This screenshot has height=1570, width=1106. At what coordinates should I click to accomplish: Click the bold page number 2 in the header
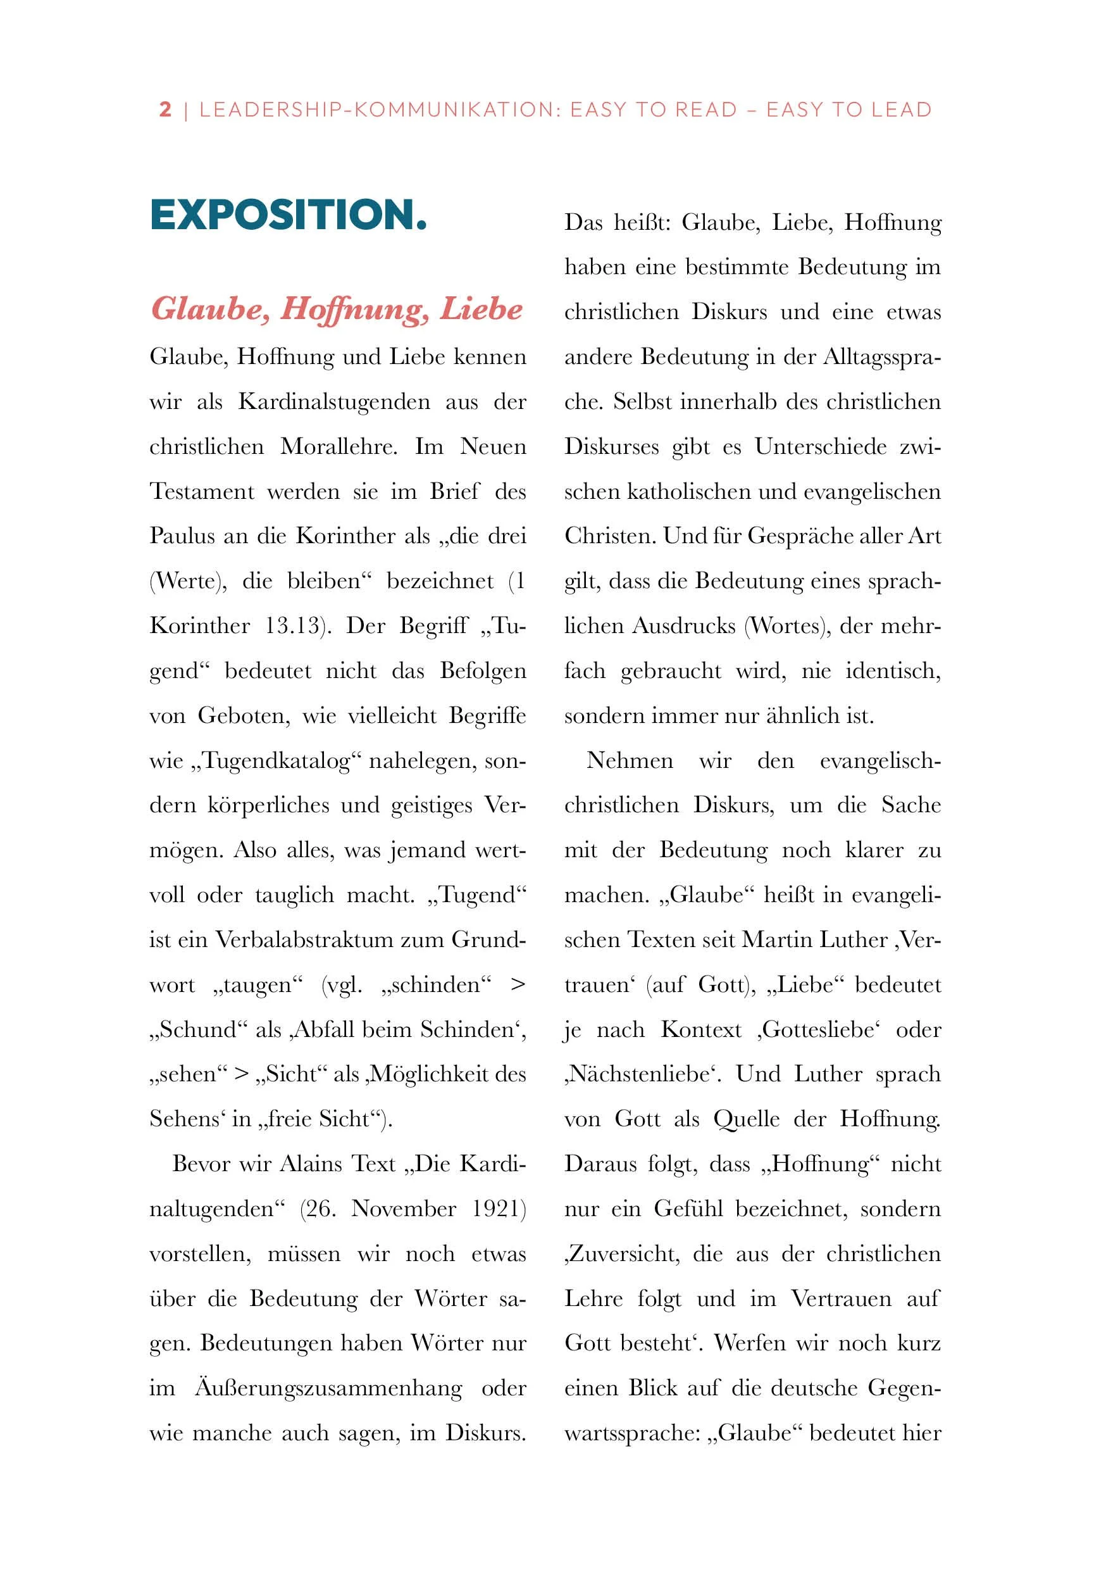pyautogui.click(x=165, y=110)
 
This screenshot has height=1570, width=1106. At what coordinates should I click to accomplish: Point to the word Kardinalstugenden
pyautogui.click(x=333, y=401)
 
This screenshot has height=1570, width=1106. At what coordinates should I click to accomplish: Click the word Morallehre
pyautogui.click(x=339, y=446)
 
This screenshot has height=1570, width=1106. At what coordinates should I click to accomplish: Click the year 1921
pyautogui.click(x=499, y=1209)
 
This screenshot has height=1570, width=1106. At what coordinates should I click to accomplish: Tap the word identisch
pyautogui.click(x=893, y=670)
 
